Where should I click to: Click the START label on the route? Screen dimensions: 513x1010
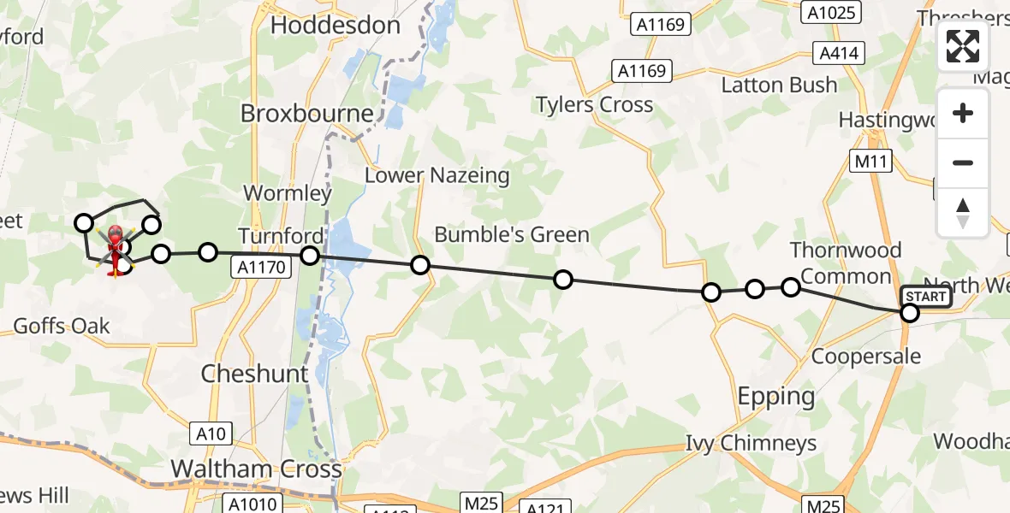click(x=926, y=297)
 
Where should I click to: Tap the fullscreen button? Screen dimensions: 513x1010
click(x=963, y=46)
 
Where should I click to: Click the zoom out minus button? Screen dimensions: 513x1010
click(x=963, y=162)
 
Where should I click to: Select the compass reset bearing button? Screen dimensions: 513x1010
click(x=963, y=211)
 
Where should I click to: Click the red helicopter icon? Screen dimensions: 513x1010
click(x=114, y=244)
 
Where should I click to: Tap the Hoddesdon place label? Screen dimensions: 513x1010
click(x=336, y=26)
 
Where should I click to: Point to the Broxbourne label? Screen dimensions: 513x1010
click(x=307, y=114)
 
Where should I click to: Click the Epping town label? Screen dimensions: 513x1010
click(x=776, y=396)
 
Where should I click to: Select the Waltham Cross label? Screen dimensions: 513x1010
click(x=257, y=469)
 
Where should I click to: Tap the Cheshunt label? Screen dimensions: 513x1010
click(x=254, y=374)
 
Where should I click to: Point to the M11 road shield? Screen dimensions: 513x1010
click(x=873, y=161)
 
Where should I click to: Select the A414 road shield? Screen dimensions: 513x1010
click(x=839, y=54)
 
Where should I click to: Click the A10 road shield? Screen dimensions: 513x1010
click(x=211, y=434)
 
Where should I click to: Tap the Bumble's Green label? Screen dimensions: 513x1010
click(x=512, y=234)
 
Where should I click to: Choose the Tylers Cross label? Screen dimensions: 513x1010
click(x=594, y=105)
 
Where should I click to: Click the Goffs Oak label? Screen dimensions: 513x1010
click(x=62, y=326)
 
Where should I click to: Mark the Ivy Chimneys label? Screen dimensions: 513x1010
click(x=752, y=444)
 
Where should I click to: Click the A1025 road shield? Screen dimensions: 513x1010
click(x=830, y=12)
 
